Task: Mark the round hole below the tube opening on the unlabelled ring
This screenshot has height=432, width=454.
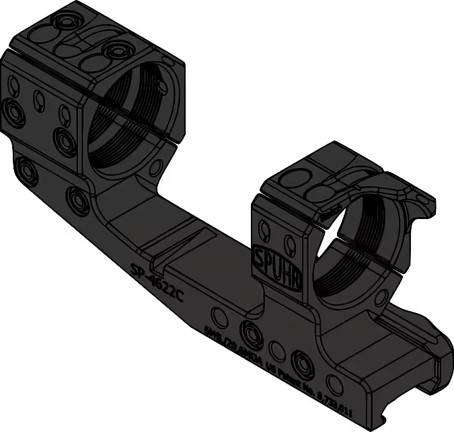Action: coord(156,166)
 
